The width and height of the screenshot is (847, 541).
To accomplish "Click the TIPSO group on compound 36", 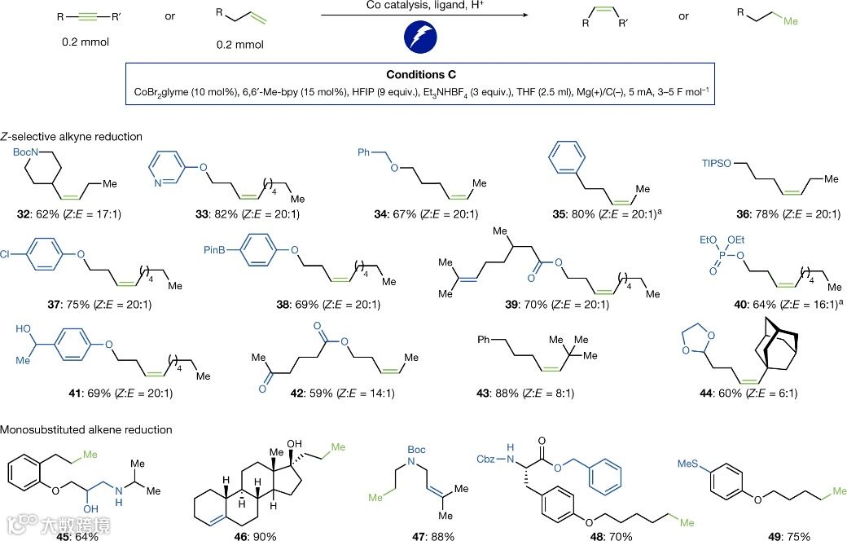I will click(719, 165).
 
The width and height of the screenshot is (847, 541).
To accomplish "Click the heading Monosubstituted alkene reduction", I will click(86, 429).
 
